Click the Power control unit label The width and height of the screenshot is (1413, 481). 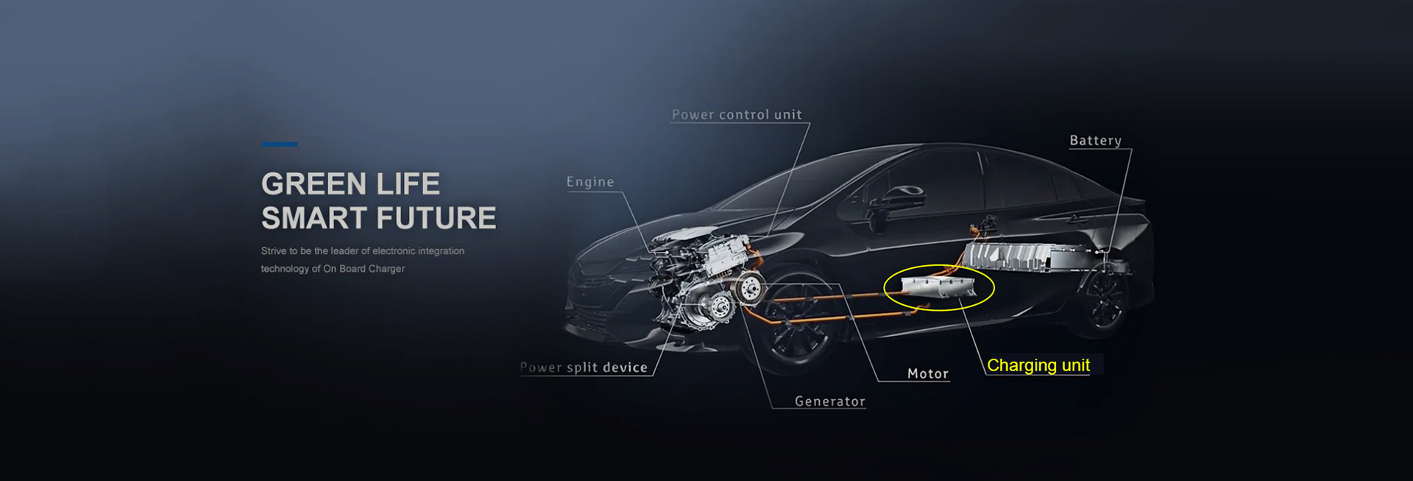[x=737, y=115]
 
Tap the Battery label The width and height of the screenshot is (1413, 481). [x=1095, y=141]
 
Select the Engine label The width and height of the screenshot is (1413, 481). [x=590, y=182]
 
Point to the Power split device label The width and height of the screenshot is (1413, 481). [x=584, y=368]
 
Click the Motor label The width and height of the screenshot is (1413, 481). [x=928, y=374]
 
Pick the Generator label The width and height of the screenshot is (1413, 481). [x=830, y=401]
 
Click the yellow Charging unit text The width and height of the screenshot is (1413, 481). [x=1038, y=365]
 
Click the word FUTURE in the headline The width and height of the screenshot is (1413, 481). [x=437, y=219]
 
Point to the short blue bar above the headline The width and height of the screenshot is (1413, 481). [x=280, y=144]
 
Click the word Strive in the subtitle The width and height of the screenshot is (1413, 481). [x=274, y=251]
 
